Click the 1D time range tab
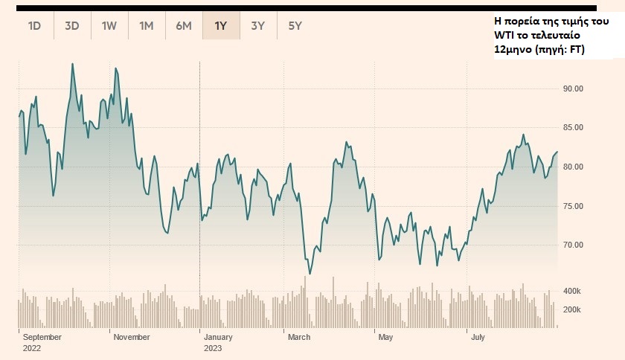[x=34, y=26]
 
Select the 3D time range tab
[x=71, y=26]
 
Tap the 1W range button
[x=109, y=26]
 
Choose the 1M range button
[x=146, y=26]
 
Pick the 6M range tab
[x=184, y=26]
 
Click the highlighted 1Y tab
[x=221, y=26]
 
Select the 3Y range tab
[x=258, y=26]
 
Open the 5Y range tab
[x=295, y=26]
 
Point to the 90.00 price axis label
[x=573, y=89]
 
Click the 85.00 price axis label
[x=573, y=128]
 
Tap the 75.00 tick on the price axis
[x=573, y=206]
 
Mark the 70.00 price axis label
[x=573, y=245]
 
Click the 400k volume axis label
[x=571, y=291]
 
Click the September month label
[x=42, y=337]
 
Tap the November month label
[x=131, y=337]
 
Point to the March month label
[x=299, y=337]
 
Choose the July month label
[x=478, y=337]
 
